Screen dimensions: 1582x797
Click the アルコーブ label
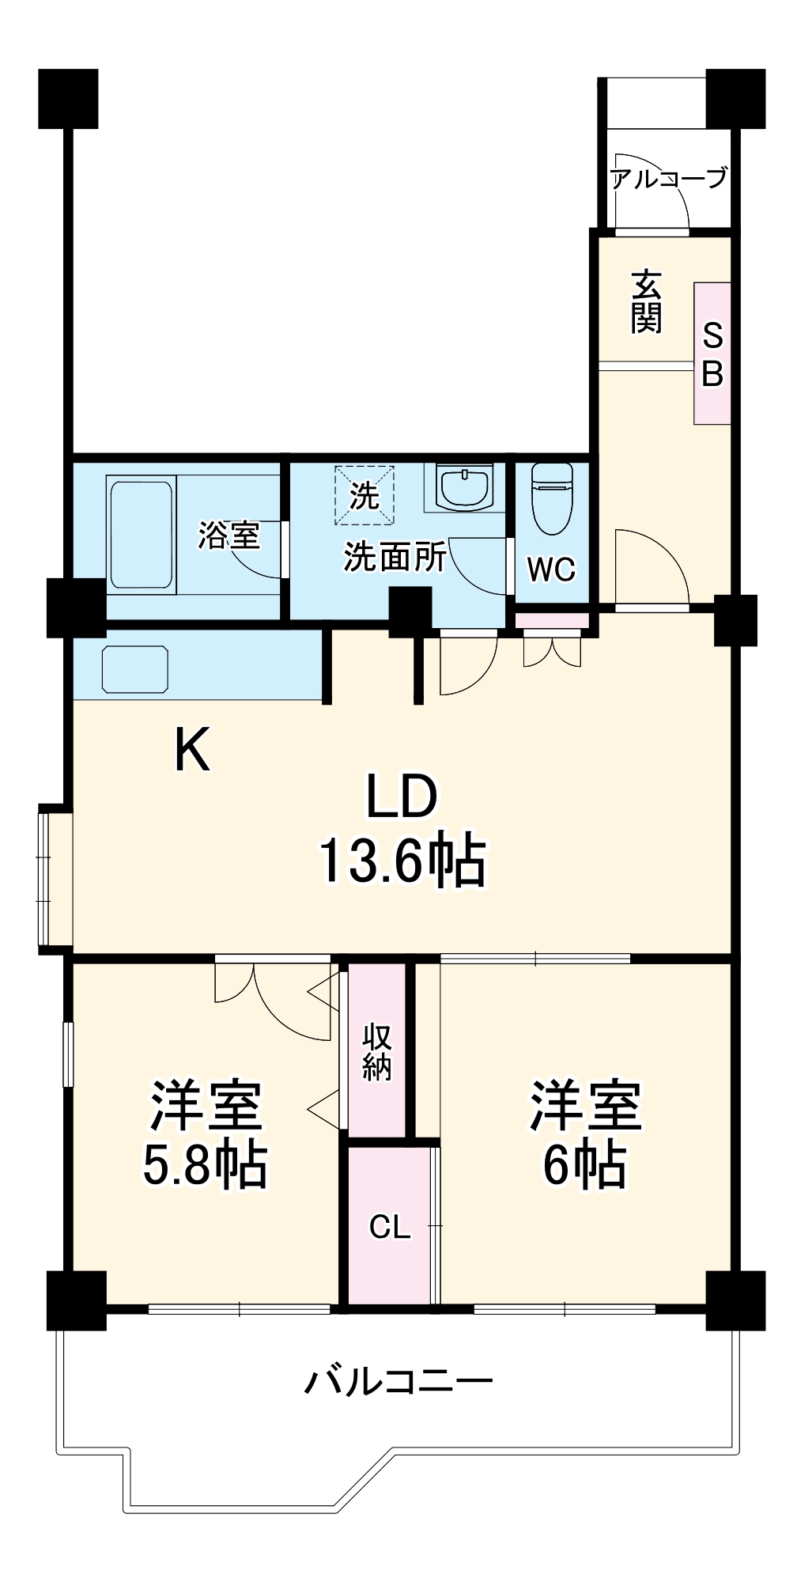668,179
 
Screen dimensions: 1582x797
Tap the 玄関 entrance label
646,301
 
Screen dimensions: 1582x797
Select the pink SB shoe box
712,354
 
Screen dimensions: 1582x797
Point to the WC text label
551,569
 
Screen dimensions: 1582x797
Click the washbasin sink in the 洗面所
466,487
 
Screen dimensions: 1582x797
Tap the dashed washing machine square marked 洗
365,496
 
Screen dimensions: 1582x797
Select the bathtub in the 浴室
142,535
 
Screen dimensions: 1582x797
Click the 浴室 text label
229,536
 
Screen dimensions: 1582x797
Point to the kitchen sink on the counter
135,670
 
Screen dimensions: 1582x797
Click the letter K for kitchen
192,751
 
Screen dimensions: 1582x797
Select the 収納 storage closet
377,1051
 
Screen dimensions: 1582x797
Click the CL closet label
390,1227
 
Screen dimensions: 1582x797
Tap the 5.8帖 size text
205,1164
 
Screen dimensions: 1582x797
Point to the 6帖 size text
584,1164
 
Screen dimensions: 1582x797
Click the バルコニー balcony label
398,1382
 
